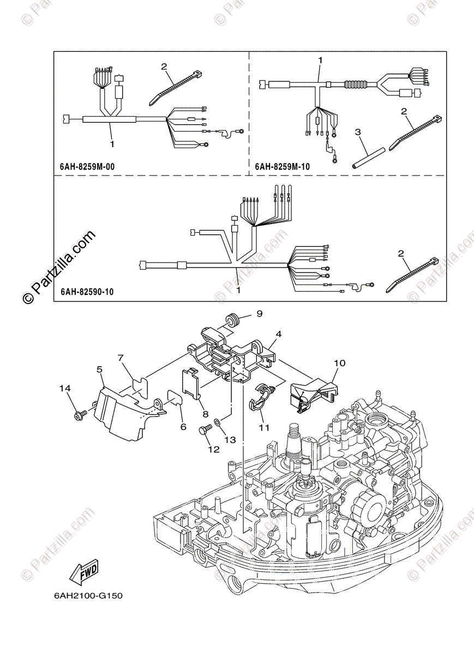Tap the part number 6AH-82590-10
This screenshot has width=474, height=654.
pyautogui.click(x=85, y=292)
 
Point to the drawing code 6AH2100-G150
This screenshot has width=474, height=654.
pyautogui.click(x=88, y=596)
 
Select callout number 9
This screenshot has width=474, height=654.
pyautogui.click(x=260, y=313)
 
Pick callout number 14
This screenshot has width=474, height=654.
pyautogui.click(x=65, y=388)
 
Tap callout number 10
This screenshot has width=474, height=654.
pyautogui.click(x=340, y=362)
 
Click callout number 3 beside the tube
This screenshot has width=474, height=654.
pyautogui.click(x=358, y=132)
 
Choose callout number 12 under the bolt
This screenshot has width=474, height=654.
pyautogui.click(x=213, y=450)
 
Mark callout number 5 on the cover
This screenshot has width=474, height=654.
pyautogui.click(x=100, y=370)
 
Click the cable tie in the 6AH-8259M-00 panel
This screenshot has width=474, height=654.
pyautogui.click(x=176, y=88)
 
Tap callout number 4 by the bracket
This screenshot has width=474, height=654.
pyautogui.click(x=278, y=334)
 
